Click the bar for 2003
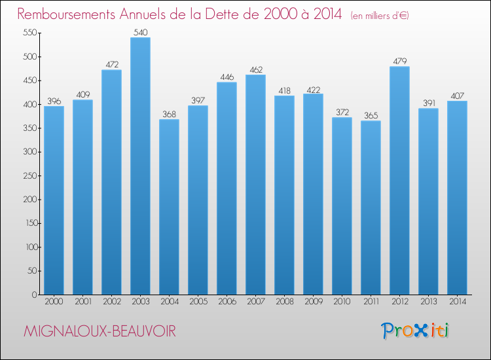tap(140, 166)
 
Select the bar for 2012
tap(399, 181)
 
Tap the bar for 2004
tap(169, 207)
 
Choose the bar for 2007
tap(255, 185)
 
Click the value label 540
tap(140, 32)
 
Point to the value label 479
tap(399, 62)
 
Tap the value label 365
tap(371, 116)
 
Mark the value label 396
tap(54, 101)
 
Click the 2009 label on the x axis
tap(313, 302)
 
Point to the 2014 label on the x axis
tap(457, 302)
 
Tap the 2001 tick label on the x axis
tap(82, 302)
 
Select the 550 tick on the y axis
tap(29, 33)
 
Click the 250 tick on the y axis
tap(29, 175)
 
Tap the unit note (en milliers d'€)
tap(370, 15)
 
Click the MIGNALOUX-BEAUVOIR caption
tap(100, 331)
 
